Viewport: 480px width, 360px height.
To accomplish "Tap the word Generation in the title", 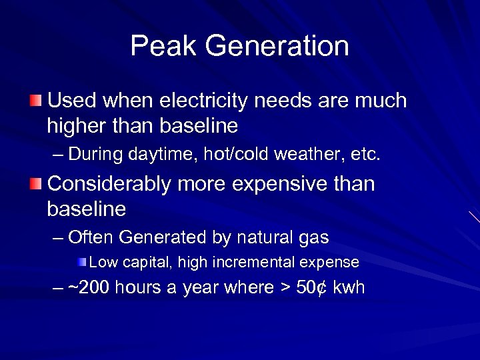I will click(277, 46).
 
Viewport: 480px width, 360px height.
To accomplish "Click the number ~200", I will click(90, 288).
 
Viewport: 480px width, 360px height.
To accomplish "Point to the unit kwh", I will click(349, 288).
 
